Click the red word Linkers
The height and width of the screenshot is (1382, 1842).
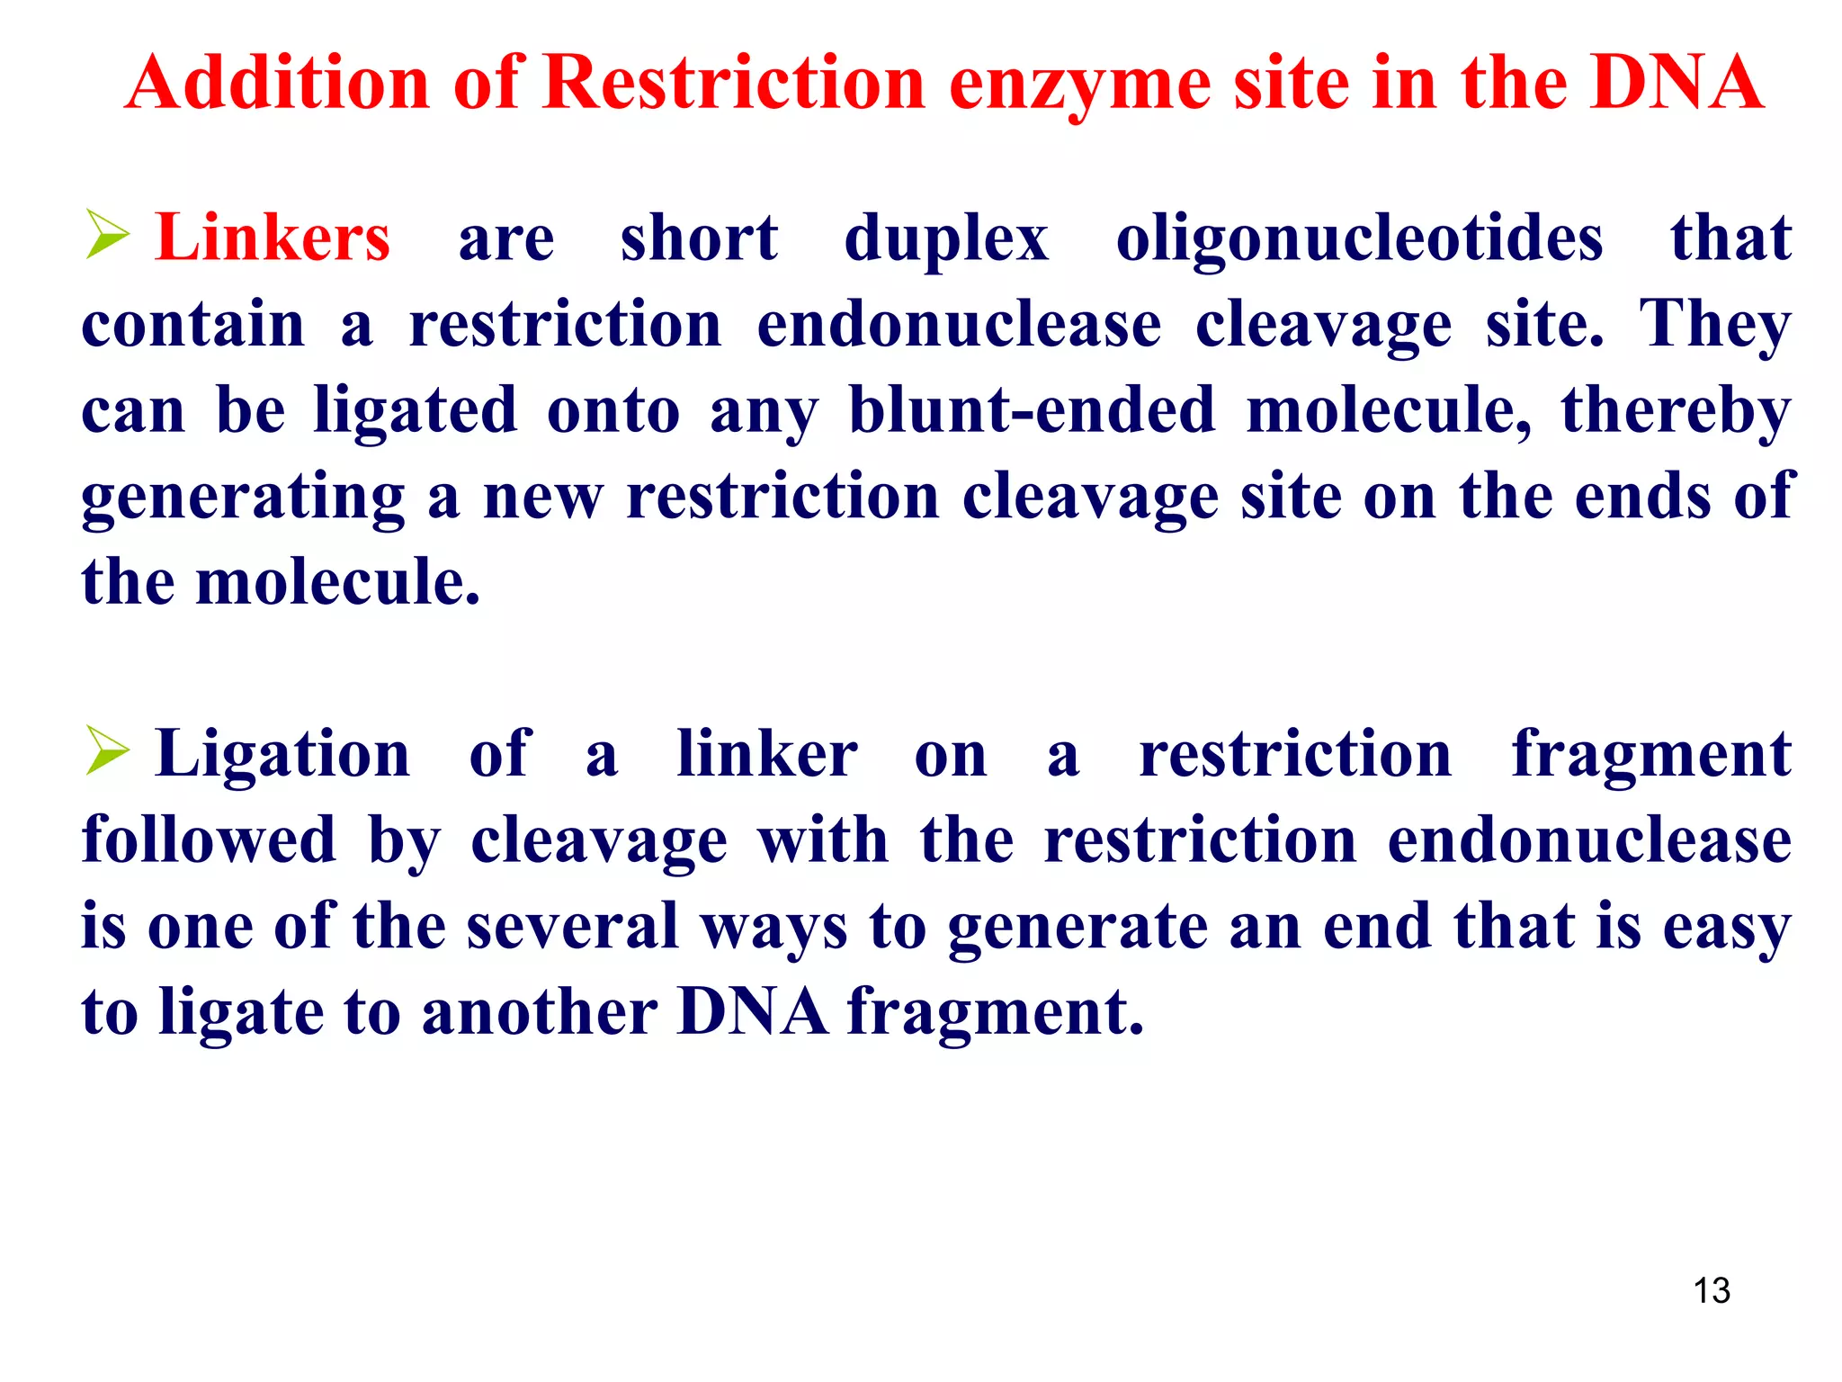click(273, 238)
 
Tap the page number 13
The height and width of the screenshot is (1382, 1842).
click(1712, 1291)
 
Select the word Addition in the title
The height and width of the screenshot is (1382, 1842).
click(278, 83)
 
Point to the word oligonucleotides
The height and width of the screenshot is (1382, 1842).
click(1359, 239)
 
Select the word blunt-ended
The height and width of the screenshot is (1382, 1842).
click(1032, 410)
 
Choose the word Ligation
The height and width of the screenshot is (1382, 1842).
click(282, 754)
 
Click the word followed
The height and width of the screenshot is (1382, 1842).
click(209, 839)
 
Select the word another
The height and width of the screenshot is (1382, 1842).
click(540, 1012)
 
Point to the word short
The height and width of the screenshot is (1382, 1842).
click(699, 238)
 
